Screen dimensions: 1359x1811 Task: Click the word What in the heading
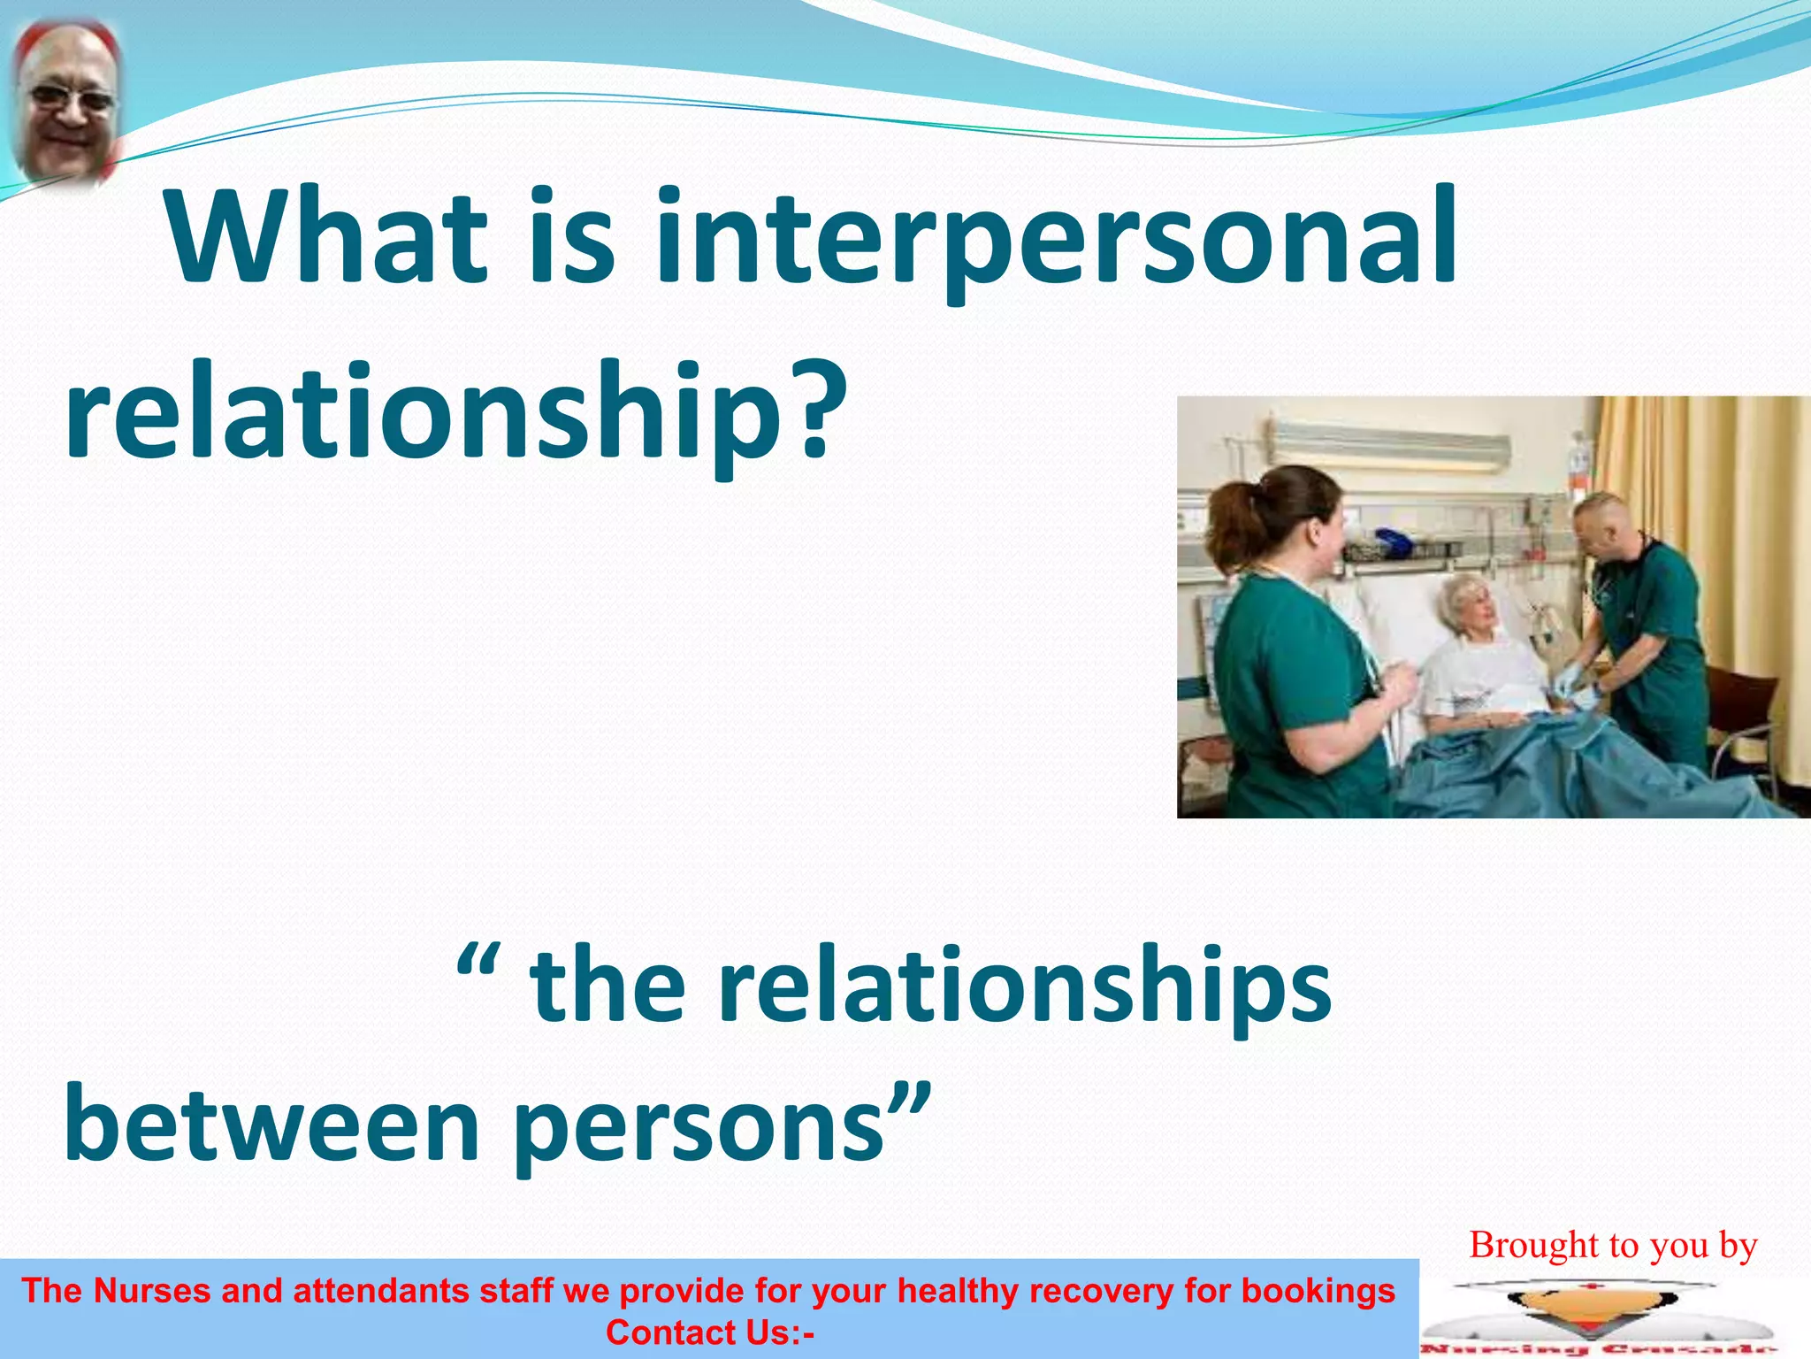tap(327, 237)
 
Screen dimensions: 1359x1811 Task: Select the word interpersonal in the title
tap(1057, 239)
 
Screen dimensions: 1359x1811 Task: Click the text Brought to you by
tap(1612, 1245)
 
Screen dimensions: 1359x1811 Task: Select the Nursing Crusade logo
tap(1599, 1318)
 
